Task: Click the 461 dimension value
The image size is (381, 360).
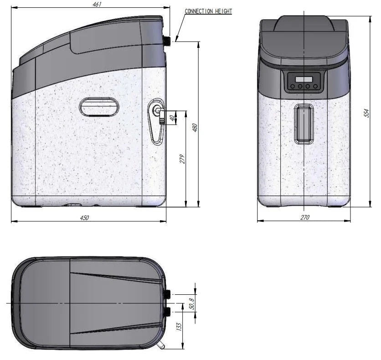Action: [x=97, y=4]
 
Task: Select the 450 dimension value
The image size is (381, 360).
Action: [x=84, y=218]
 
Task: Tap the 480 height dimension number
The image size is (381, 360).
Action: [x=195, y=128]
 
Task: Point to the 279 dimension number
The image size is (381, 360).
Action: [x=182, y=159]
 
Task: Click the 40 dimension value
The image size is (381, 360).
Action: [x=172, y=118]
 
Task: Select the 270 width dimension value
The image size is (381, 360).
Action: [x=305, y=217]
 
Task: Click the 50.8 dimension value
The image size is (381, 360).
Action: [x=192, y=303]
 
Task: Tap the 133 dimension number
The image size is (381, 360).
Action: [x=179, y=327]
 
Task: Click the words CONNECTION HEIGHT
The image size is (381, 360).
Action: [x=208, y=11]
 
